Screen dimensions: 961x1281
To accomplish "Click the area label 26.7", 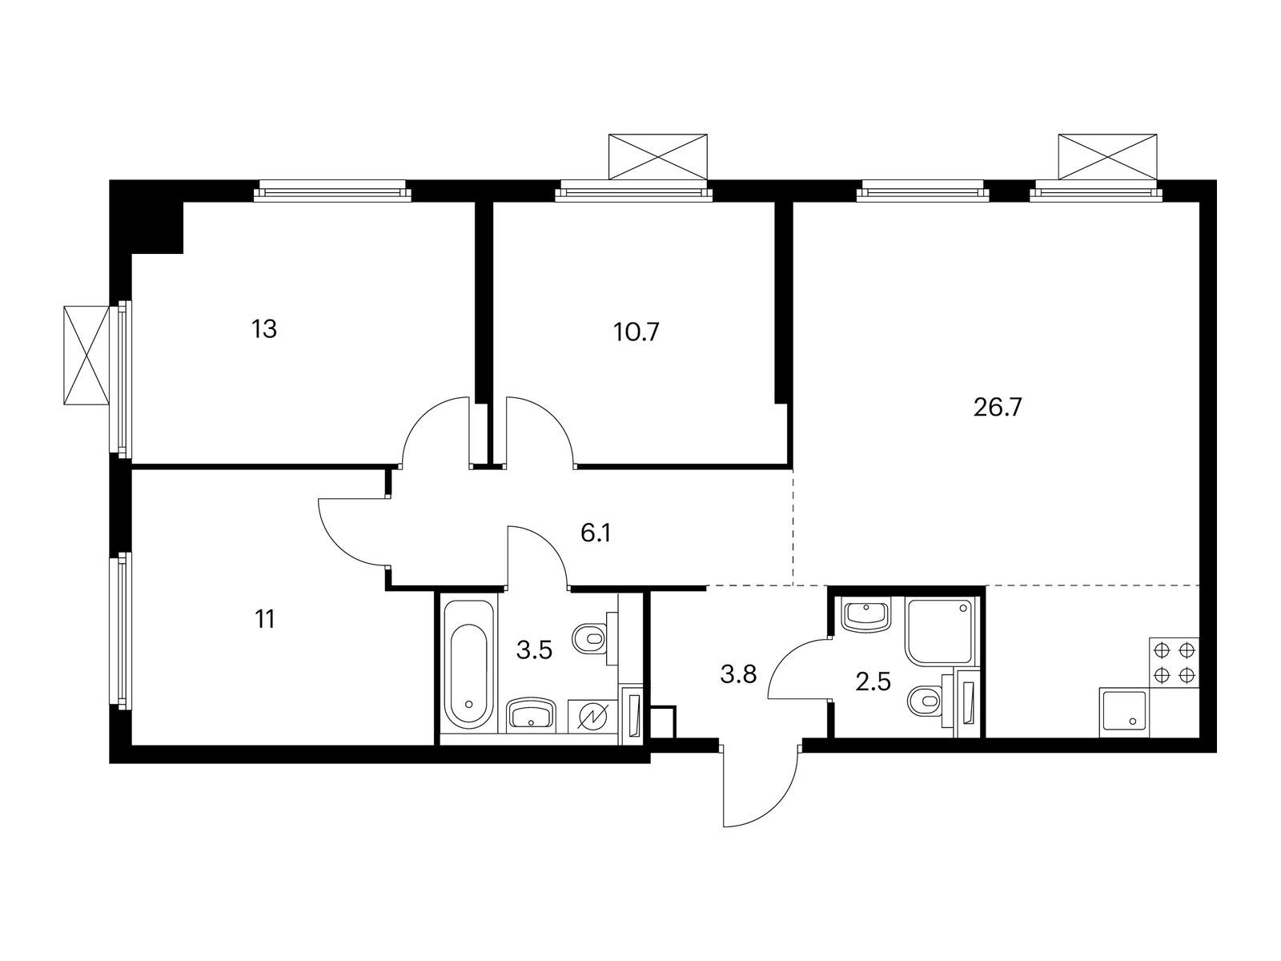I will (998, 408).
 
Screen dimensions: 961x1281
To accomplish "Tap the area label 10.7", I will (637, 332).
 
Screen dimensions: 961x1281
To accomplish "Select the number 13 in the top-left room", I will (264, 328).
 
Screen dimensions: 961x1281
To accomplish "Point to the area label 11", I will (265, 618).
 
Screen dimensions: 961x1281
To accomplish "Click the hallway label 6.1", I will (596, 533).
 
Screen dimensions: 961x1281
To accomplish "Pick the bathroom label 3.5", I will (534, 649).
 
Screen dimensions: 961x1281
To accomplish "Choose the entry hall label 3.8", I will (738, 675).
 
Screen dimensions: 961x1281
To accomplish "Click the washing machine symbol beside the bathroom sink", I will (593, 714).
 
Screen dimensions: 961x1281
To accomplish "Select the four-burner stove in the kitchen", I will (1175, 661).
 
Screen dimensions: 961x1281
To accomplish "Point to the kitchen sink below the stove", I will (1125, 710).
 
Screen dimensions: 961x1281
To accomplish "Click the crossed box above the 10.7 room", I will (659, 156).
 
